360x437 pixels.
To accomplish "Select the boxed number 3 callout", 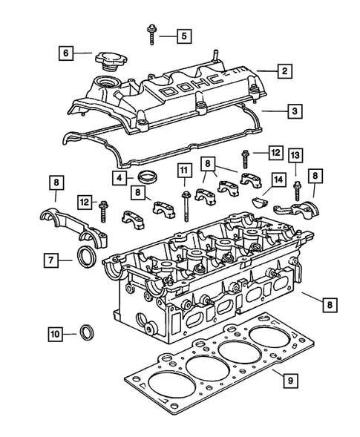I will pyautogui.click(x=295, y=111).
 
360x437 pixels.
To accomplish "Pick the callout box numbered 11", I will pyautogui.click(x=181, y=173).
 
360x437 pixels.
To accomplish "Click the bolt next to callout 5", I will pyautogui.click(x=152, y=33).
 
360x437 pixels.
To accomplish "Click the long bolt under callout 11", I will pyautogui.click(x=181, y=203).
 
